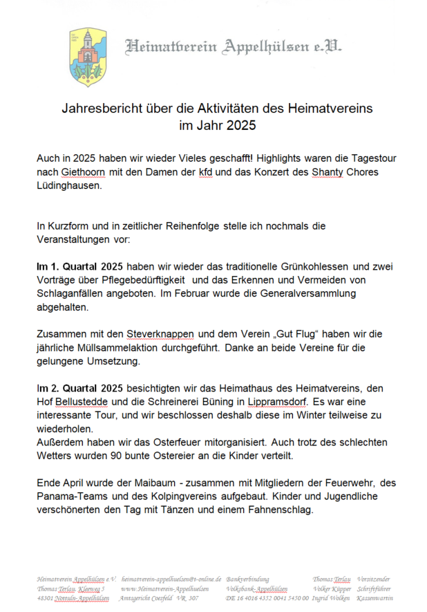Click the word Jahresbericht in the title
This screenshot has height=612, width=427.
click(x=101, y=109)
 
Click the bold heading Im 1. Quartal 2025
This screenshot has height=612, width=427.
click(x=80, y=266)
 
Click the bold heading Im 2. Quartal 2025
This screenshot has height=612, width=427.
click(x=80, y=387)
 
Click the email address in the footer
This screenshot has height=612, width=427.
click(x=171, y=579)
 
